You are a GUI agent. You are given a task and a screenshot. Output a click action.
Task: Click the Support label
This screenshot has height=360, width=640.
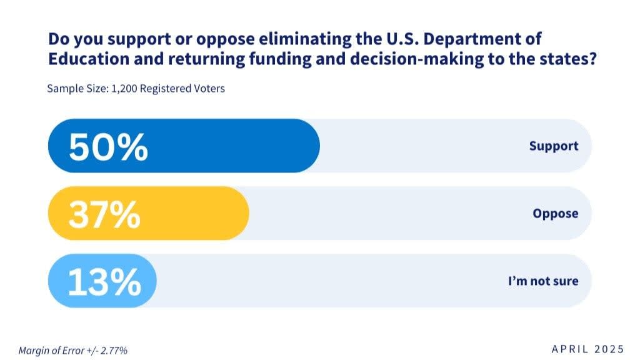(x=554, y=146)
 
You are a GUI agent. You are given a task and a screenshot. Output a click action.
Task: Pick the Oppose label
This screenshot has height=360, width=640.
(x=556, y=214)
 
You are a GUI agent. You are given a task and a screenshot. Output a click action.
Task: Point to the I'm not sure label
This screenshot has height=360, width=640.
(x=543, y=281)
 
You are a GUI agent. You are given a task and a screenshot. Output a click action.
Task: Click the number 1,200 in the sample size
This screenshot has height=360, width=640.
(x=124, y=89)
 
